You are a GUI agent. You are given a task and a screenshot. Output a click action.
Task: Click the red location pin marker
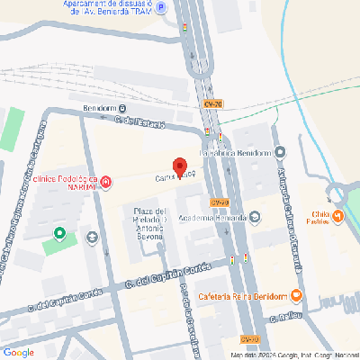tap(179, 167)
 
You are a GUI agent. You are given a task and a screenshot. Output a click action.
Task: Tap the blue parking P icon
tap(161, 8)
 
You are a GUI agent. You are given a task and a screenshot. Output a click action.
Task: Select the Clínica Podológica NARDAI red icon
tap(107, 184)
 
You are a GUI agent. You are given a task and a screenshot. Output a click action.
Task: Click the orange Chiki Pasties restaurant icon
tap(337, 216)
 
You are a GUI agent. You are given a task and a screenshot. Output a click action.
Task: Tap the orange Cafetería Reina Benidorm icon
tap(296, 297)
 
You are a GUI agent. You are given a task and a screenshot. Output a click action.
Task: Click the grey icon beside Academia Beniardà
tap(255, 217)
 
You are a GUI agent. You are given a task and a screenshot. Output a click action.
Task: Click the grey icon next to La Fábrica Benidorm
tap(279, 153)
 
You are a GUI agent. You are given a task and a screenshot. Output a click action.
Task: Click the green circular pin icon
tap(60, 235)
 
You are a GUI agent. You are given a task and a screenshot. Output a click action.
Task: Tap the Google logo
tap(18, 351)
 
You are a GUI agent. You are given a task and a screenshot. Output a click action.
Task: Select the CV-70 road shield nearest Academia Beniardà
tap(219, 202)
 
